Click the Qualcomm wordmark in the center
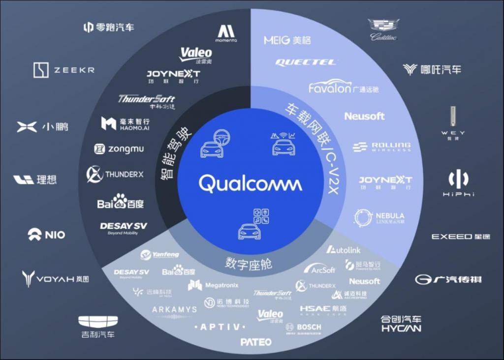coord(251,184)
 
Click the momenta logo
coord(226,33)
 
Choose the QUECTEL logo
coord(306,62)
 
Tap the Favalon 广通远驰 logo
coord(344,88)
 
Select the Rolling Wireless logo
coord(381,147)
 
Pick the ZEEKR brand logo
coord(64,70)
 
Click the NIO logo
coord(46,235)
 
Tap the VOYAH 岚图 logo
coord(55,279)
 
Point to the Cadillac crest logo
coord(383,30)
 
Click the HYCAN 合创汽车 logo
coord(401,323)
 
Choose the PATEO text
coord(256,342)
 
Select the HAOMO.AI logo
coord(126,124)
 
